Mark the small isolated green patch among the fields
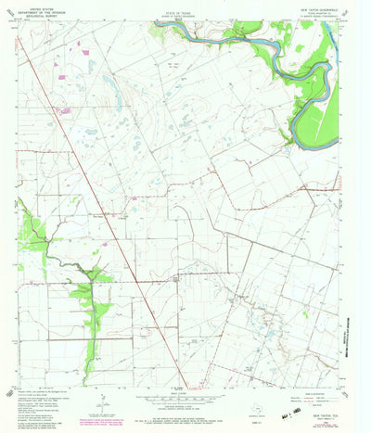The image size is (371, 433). pyautogui.click(x=303, y=312)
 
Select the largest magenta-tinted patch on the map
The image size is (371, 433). pyautogui.click(x=63, y=110)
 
